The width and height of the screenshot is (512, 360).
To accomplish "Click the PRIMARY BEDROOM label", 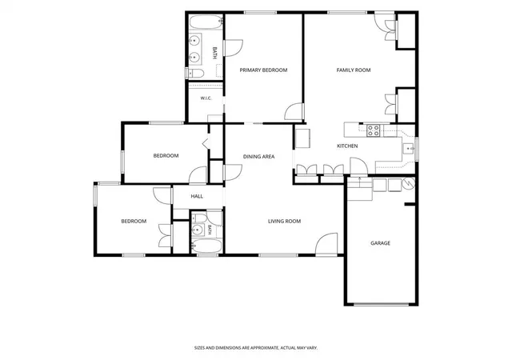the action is (263, 70).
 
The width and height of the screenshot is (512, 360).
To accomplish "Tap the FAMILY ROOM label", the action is (354, 70).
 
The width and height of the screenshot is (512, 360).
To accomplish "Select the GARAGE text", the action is (380, 243).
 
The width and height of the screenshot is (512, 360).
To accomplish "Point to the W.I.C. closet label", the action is (206, 98).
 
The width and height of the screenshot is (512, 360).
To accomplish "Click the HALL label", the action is (197, 196).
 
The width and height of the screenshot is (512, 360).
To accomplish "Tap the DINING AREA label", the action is (258, 157).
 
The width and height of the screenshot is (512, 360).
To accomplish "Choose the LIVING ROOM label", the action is (284, 221).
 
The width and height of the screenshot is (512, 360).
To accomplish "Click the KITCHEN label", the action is (347, 146).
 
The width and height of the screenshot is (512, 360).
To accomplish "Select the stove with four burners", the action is (374, 130).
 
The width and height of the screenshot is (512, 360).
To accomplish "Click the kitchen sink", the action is (409, 149).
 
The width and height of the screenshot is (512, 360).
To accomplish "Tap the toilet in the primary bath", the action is (195, 73).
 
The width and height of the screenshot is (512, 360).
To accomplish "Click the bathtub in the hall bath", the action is (206, 246).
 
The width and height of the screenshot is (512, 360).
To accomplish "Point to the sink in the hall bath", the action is (198, 230).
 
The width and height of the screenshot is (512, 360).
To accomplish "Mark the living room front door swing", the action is (326, 244).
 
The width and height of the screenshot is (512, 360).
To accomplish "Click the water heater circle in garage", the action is (409, 183).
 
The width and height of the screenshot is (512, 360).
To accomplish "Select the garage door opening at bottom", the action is (382, 305).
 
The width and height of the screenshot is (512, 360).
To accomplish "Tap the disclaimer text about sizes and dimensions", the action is (256, 348).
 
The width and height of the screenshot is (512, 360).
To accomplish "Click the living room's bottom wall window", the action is (278, 255).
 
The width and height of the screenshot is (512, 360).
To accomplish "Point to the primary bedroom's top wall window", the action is (260, 13).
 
